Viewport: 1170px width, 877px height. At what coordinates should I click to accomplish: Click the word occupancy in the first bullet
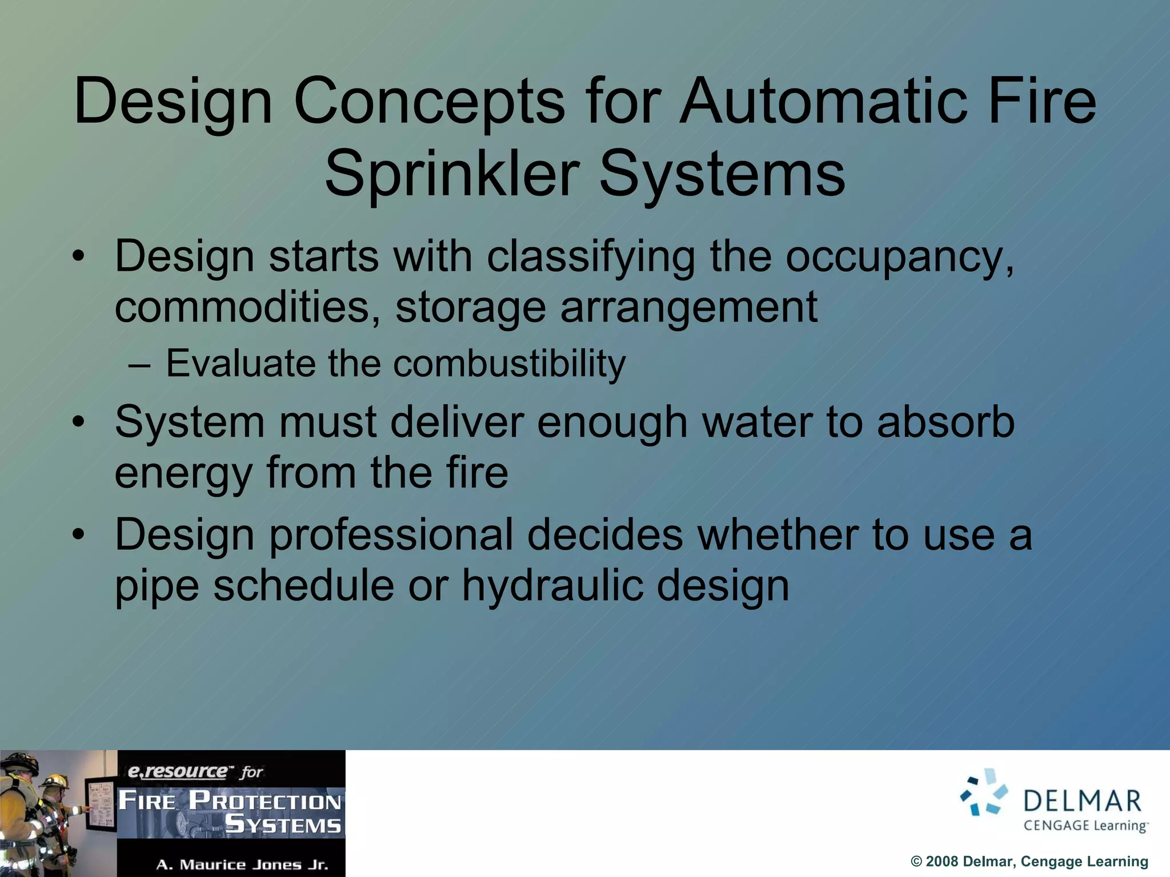(899, 257)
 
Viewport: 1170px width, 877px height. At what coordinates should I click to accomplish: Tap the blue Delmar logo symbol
(984, 792)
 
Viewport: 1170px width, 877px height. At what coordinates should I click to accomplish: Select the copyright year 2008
(941, 862)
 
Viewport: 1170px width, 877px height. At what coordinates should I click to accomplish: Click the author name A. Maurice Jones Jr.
(242, 864)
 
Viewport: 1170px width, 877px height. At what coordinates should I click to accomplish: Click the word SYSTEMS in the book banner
(283, 825)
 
